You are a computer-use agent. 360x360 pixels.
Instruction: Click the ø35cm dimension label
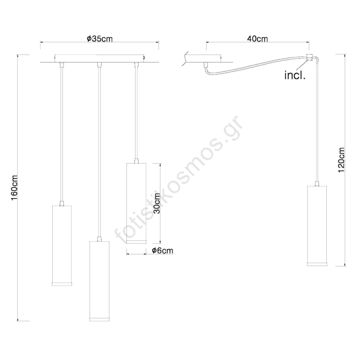click(99, 39)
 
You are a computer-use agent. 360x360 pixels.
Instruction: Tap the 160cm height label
click(15, 188)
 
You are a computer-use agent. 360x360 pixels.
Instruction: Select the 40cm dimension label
click(257, 39)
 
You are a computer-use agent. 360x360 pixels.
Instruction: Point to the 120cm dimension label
click(342, 160)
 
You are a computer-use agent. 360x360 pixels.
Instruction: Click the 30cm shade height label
click(157, 203)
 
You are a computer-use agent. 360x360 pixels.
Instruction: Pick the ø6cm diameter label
click(162, 251)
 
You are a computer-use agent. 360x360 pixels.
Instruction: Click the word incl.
click(295, 75)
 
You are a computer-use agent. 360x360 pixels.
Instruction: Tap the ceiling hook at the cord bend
click(309, 58)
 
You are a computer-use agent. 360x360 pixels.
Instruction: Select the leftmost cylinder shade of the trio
click(62, 245)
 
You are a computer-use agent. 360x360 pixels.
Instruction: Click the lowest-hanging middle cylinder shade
click(99, 281)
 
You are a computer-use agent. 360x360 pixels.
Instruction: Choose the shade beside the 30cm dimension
click(136, 203)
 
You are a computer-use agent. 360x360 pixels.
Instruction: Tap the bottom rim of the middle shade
click(99, 319)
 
